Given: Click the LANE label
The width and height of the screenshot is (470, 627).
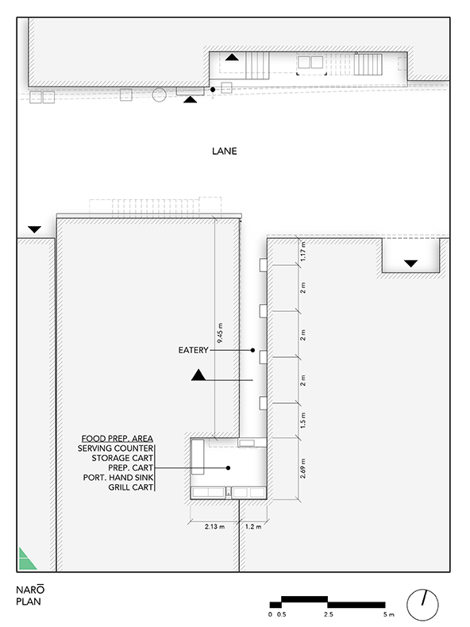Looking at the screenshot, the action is (225, 151).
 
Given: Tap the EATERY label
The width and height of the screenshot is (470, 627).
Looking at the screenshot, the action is (193, 350).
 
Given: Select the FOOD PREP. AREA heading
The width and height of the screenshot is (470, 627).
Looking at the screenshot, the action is (118, 439).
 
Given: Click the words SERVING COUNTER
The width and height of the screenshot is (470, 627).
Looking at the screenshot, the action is (115, 448).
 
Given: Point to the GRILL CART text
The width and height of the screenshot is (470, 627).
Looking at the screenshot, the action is (131, 487).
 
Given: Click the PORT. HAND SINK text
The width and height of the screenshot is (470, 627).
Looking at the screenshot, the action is (118, 478).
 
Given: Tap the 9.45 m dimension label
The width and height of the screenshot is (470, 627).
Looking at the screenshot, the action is (220, 333).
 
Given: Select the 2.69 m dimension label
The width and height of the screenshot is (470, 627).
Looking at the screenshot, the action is (302, 468).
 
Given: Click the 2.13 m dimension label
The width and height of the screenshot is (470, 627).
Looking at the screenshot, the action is (215, 527).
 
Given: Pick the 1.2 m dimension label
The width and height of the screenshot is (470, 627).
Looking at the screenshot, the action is (253, 527).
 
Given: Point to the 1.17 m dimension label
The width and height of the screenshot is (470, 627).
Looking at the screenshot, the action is (302, 252).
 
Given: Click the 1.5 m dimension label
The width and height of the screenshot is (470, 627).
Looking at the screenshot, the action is (302, 421).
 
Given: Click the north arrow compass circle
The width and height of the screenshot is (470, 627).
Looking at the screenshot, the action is (422, 605).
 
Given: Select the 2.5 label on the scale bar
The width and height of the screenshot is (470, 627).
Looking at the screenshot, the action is (329, 614).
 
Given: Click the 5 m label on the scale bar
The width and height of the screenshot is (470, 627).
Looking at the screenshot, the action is (388, 614).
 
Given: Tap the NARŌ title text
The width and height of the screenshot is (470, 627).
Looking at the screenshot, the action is (30, 590).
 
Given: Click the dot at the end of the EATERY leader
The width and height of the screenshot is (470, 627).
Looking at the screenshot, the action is (252, 350).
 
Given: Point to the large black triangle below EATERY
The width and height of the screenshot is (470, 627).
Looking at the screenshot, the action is (198, 375).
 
